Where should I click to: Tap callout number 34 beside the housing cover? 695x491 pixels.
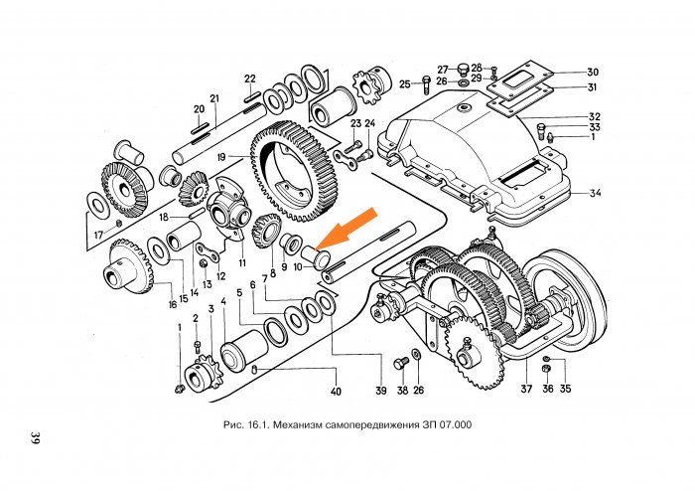click(594, 192)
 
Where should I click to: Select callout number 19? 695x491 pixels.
click(220, 157)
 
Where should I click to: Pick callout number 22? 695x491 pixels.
click(250, 79)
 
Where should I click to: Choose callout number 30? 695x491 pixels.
click(593, 73)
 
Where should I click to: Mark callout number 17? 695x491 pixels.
click(98, 236)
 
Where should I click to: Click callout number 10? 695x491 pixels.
click(297, 268)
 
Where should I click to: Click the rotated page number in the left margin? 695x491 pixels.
click(35, 439)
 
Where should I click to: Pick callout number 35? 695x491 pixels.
click(566, 389)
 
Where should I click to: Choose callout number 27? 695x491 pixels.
click(444, 69)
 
